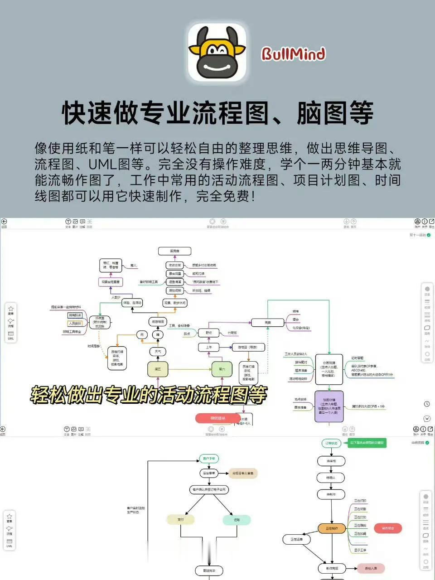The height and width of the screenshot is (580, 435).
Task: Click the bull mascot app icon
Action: (x=217, y=52)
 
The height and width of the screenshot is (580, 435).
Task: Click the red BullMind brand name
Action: (x=293, y=54)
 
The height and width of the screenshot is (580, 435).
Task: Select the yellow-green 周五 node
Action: (x=158, y=369)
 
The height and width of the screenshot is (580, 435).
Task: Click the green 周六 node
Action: (x=222, y=369)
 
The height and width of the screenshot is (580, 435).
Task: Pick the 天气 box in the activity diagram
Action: (x=158, y=351)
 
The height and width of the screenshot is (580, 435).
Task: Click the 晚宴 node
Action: (x=268, y=323)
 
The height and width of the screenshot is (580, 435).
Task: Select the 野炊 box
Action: (x=209, y=333)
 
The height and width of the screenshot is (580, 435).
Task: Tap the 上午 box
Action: (x=209, y=347)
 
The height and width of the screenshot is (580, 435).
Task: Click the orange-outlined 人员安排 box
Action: (x=75, y=324)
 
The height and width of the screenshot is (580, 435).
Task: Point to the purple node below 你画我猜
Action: (x=329, y=406)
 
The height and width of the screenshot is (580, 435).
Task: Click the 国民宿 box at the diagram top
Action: (x=174, y=251)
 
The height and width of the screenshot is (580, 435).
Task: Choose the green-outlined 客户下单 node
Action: (x=209, y=459)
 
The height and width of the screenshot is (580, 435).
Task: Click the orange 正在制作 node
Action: (x=332, y=528)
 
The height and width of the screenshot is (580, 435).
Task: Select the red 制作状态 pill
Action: (x=388, y=528)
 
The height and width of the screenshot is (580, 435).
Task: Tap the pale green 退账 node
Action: (x=237, y=520)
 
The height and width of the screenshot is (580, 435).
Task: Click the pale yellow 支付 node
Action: (x=181, y=520)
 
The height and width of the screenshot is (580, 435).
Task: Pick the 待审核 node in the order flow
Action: (x=331, y=461)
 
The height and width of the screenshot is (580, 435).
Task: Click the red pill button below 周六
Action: (x=218, y=418)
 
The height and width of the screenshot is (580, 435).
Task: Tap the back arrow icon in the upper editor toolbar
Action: (x=4, y=222)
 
